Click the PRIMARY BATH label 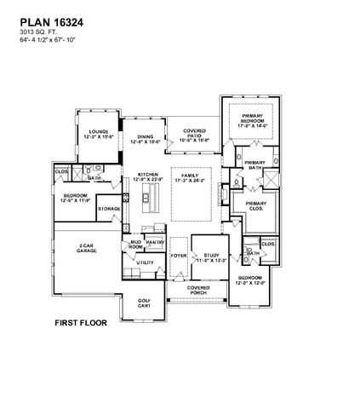(x=254, y=165)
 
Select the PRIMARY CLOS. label (x=255, y=205)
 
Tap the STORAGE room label (x=108, y=208)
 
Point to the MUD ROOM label (x=134, y=245)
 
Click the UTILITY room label (x=145, y=263)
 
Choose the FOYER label (x=178, y=254)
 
